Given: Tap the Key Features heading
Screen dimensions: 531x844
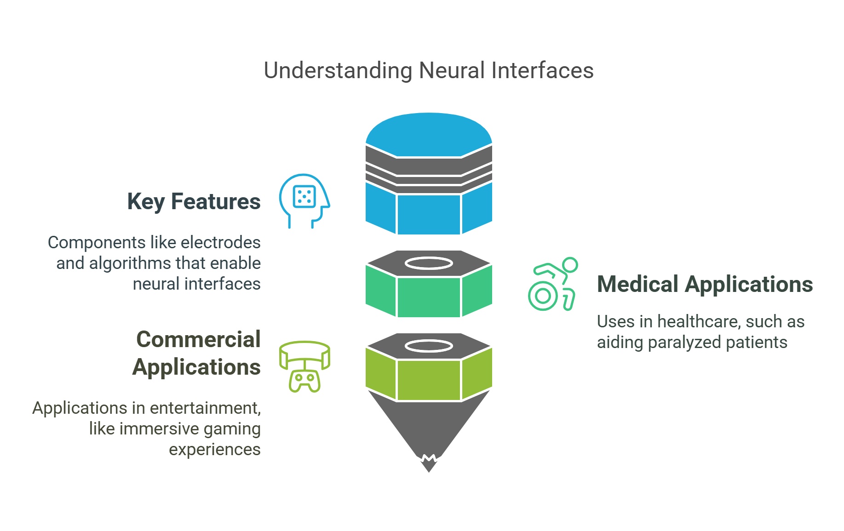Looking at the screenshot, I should click(194, 202).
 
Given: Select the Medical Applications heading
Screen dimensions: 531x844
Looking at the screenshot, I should click(704, 284).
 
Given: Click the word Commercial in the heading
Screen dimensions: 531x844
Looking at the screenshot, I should click(198, 340).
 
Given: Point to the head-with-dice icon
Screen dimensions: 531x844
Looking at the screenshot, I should click(304, 200).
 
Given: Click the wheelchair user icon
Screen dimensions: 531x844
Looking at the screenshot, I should click(552, 285).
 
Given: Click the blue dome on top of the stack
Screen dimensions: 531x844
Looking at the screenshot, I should click(429, 134).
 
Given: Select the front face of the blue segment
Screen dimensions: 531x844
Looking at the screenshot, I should click(429, 214).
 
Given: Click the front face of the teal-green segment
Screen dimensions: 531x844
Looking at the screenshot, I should click(429, 297).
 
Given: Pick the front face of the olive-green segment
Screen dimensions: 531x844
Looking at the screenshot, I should click(429, 380).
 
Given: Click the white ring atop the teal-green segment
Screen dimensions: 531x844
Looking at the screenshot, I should click(429, 263).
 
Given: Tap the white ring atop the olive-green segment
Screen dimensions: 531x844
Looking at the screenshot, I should click(429, 346).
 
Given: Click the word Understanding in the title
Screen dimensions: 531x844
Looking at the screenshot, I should click(338, 71).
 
